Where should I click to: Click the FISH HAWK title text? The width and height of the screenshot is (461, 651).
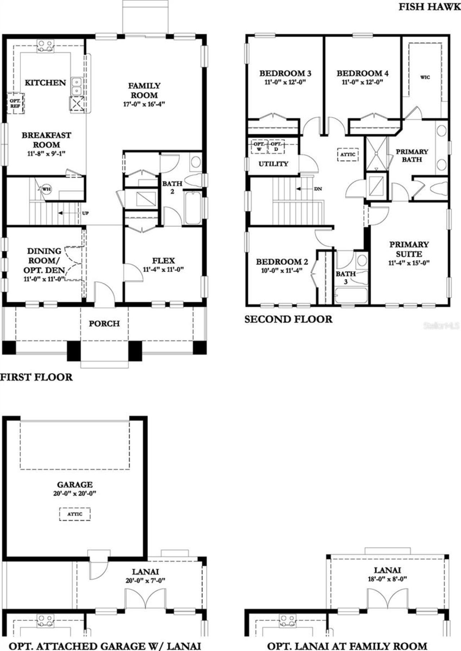pyautogui.click(x=429, y=7)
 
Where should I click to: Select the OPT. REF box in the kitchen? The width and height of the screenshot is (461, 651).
pyautogui.click(x=15, y=103)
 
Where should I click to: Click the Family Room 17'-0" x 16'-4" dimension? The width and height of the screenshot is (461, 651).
pyautogui.click(x=144, y=104)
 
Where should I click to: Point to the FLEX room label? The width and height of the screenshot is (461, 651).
pyautogui.click(x=163, y=261)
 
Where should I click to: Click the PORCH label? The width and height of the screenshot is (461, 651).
pyautogui.click(x=104, y=324)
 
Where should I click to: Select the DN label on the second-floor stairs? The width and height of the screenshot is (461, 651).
pyautogui.click(x=318, y=189)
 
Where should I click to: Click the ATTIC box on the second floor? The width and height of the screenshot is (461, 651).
pyautogui.click(x=348, y=154)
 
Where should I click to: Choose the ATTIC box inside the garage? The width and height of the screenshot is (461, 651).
pyautogui.click(x=75, y=514)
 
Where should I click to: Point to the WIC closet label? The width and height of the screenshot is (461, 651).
pyautogui.click(x=425, y=77)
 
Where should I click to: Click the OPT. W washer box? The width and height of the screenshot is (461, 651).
pyautogui.click(x=259, y=146)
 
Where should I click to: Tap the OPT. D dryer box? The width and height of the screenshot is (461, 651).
pyautogui.click(x=276, y=146)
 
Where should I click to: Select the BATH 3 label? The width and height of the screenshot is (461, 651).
pyautogui.click(x=346, y=277)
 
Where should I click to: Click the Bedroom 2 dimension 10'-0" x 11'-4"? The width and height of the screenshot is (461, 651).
pyautogui.click(x=282, y=271)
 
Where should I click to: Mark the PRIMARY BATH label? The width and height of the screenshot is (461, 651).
pyautogui.click(x=412, y=155)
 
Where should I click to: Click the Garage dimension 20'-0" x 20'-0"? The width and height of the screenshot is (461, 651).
pyautogui.click(x=75, y=493)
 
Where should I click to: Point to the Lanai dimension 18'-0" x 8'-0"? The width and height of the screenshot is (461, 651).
pyautogui.click(x=387, y=579)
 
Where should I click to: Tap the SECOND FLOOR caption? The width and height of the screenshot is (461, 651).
pyautogui.click(x=288, y=319)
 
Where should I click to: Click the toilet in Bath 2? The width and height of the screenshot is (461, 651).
pyautogui.click(x=194, y=180)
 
